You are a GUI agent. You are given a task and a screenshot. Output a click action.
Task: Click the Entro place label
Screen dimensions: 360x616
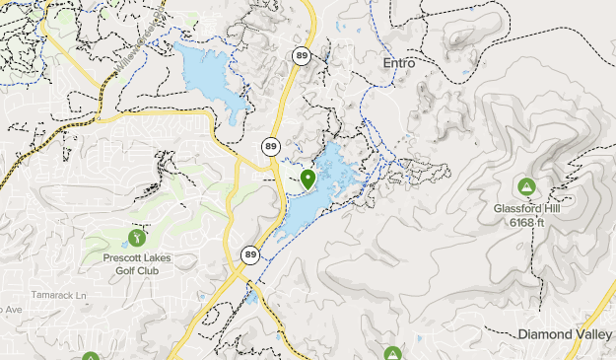(398, 62)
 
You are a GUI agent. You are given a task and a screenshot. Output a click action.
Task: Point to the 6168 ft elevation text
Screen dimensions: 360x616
(527, 222)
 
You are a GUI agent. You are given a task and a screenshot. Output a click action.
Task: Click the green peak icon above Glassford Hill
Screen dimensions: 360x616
(526, 185)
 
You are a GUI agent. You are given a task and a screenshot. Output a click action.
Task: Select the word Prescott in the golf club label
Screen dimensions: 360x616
(124, 258)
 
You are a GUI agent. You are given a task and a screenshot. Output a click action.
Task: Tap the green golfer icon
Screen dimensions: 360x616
(136, 237)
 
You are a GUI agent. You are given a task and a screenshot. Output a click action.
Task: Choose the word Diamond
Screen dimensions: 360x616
(546, 335)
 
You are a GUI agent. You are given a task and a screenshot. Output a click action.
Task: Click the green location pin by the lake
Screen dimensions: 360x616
(308, 179)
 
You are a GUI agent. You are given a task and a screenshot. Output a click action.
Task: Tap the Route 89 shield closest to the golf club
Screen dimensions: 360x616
(250, 254)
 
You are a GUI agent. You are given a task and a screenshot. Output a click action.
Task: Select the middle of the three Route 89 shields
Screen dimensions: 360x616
(270, 146)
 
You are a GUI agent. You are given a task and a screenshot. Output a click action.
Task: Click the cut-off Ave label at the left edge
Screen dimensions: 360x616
(9, 309)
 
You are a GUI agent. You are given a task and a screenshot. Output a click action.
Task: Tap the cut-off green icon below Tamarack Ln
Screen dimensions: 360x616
(91, 356)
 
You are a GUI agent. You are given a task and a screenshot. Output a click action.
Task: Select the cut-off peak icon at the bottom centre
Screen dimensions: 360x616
(392, 354)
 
